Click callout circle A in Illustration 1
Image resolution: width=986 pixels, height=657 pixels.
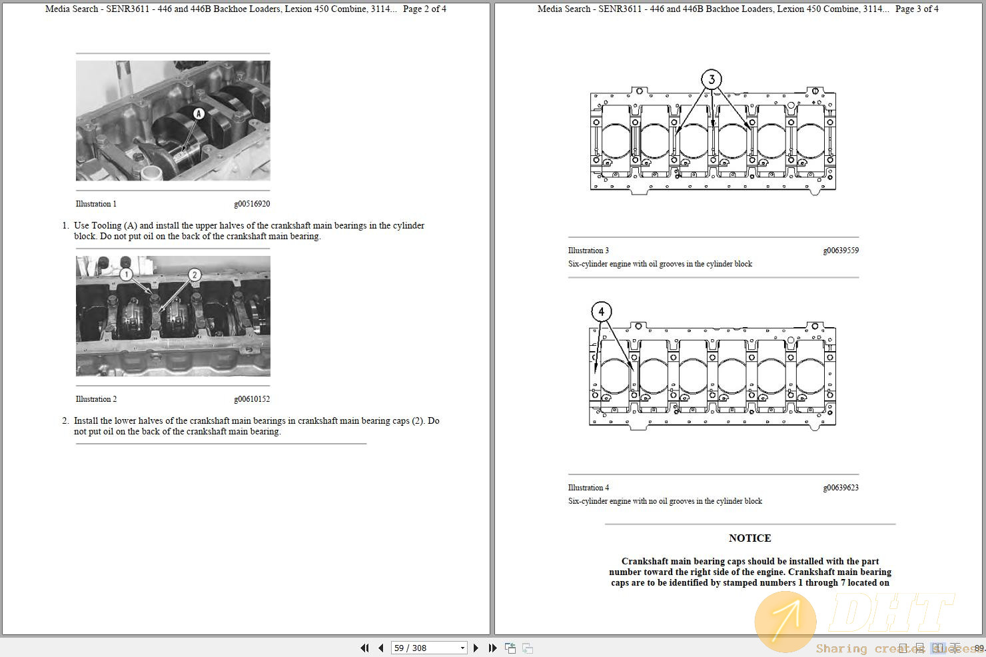coord(198,114)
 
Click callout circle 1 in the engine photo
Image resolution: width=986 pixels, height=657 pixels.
coord(127,274)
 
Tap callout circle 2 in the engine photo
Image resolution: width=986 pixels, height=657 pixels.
coord(195,275)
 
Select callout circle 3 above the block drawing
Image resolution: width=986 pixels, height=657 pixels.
coord(712,80)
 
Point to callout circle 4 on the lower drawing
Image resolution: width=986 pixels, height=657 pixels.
coord(602,312)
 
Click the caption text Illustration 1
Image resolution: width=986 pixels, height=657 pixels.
coord(96,204)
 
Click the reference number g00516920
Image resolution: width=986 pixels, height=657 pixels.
coord(252,204)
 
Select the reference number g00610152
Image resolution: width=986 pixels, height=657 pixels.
coord(252,399)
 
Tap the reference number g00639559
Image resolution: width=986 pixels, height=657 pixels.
coord(841,251)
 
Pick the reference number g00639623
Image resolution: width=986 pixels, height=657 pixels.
coord(841,488)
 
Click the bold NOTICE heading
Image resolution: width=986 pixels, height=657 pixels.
coord(749,538)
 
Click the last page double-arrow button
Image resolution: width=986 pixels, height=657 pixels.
coord(492,648)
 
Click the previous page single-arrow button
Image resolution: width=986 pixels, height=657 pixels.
coord(380,648)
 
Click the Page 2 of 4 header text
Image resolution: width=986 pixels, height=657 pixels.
coord(424,9)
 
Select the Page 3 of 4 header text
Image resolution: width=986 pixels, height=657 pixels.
coord(917,9)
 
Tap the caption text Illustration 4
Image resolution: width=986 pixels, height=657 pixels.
coord(588,488)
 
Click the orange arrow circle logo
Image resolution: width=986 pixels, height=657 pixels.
coord(785,621)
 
